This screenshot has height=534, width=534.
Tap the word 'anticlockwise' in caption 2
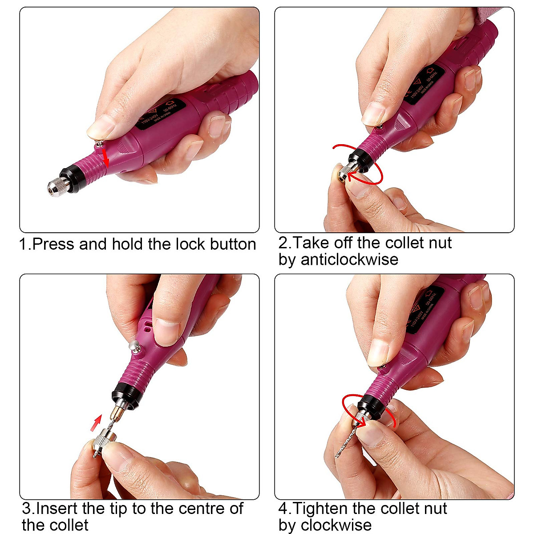click(x=349, y=259)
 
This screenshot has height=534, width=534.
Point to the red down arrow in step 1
click(x=105, y=158)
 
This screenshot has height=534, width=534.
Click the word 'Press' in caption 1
click(x=53, y=244)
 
